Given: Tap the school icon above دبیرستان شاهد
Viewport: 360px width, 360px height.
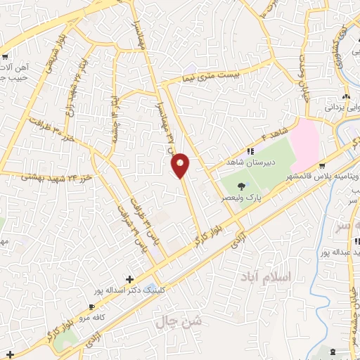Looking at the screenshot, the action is pos(249,150).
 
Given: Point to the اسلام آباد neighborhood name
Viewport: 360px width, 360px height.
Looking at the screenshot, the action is pos(264,276).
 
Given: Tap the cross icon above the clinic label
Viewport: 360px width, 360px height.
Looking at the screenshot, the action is pos(129,279).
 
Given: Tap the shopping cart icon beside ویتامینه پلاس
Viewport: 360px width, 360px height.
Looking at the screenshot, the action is pos(321,167).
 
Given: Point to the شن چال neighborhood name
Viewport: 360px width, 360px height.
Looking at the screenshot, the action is pos(185,325).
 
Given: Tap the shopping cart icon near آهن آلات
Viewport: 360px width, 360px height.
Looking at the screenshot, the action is pos(6,56).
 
